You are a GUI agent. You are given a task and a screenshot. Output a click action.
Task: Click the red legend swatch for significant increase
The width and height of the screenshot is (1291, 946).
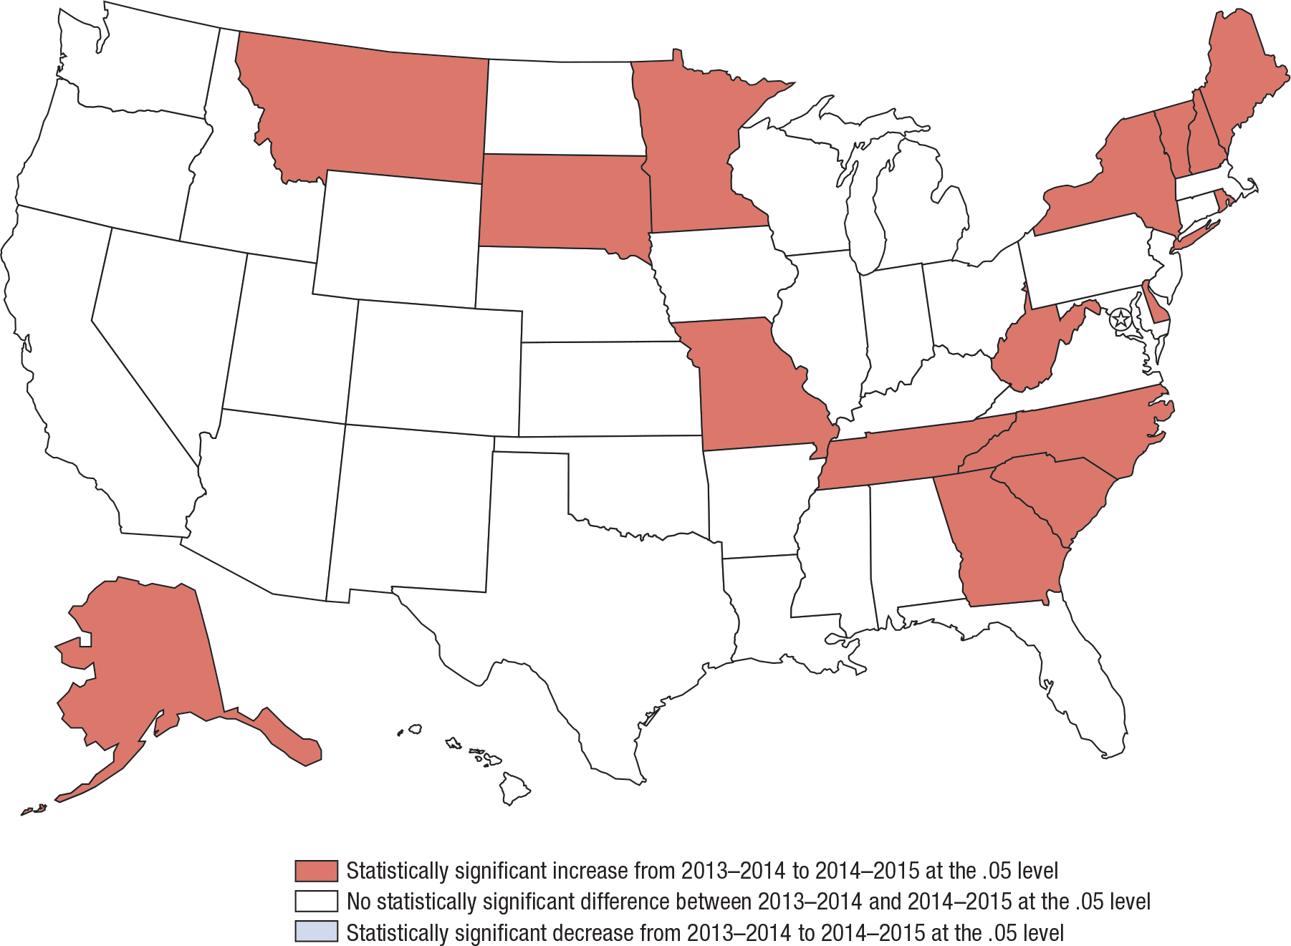(x=316, y=871)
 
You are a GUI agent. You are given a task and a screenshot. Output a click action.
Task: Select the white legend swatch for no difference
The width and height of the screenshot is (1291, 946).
(x=316, y=902)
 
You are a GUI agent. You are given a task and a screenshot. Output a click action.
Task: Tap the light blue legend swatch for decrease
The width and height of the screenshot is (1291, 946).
(x=316, y=932)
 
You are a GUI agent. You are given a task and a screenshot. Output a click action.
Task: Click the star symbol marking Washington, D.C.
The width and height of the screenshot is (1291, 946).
(x=1120, y=319)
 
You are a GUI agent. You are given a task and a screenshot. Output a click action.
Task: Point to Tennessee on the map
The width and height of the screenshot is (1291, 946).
(x=903, y=455)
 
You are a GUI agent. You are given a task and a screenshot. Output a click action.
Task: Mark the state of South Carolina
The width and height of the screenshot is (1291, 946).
(x=1053, y=494)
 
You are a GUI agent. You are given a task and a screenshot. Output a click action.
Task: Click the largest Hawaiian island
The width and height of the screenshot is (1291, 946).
(x=514, y=788)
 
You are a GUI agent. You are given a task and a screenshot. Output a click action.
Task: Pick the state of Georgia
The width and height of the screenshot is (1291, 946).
(x=1003, y=544)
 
